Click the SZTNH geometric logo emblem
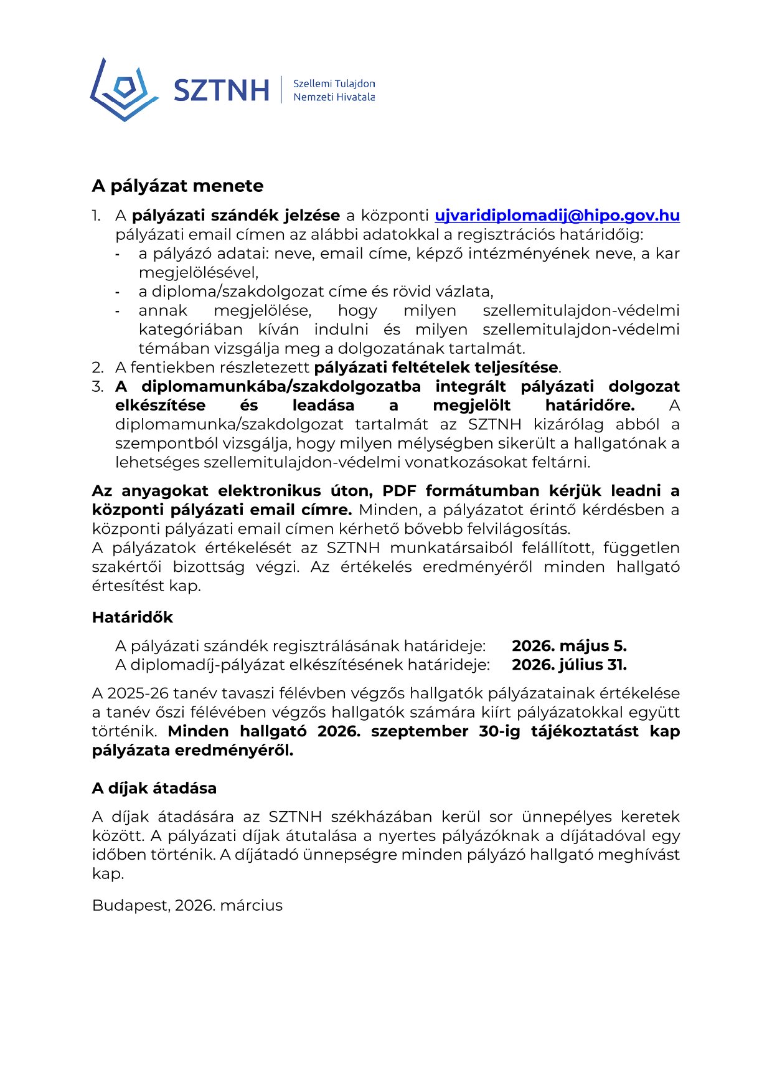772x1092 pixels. coord(124,90)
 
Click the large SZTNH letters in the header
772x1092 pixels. coord(221,90)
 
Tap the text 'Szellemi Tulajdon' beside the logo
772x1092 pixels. coord(334,83)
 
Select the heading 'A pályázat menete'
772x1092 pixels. coord(177,186)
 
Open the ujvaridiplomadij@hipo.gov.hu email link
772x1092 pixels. coord(557,216)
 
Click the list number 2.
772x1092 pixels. coord(97,368)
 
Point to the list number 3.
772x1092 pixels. coord(97,387)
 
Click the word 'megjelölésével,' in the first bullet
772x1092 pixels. coord(198,272)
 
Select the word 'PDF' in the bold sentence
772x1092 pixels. coord(399,491)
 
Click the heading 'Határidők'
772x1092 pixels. coord(132,617)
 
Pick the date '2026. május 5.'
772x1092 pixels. coord(569,646)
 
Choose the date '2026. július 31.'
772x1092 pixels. coord(569,665)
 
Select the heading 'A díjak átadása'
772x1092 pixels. coord(154,788)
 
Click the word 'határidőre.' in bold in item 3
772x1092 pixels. coord(590,406)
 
